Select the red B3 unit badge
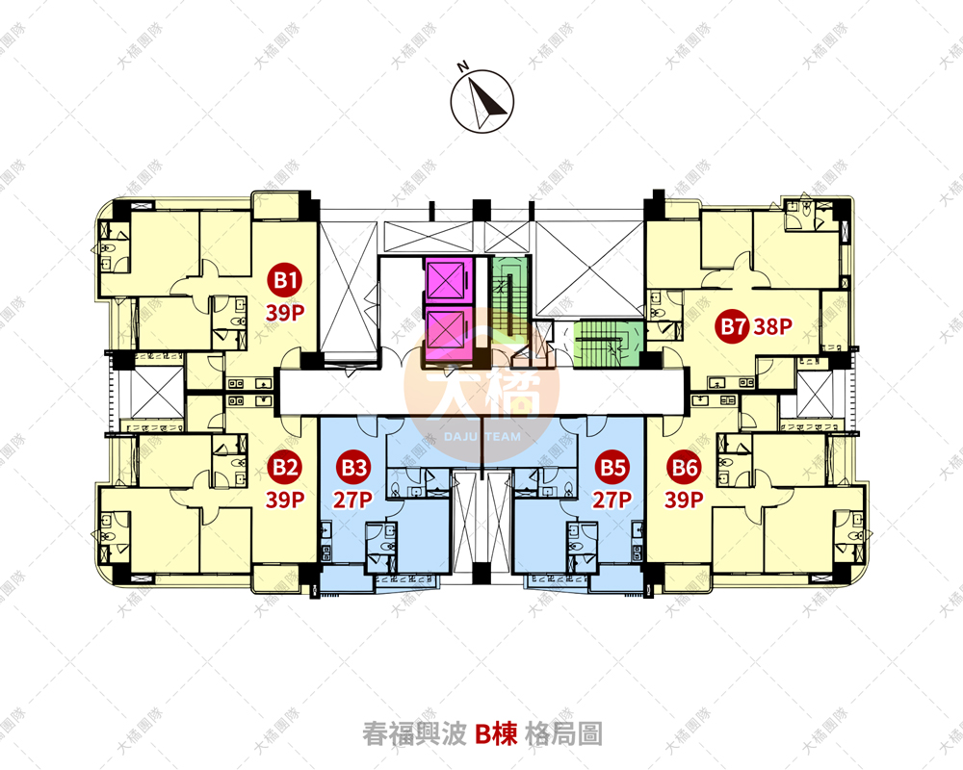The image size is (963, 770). point(353,469)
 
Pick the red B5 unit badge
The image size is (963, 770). point(612,469)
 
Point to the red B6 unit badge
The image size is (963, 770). point(685,469)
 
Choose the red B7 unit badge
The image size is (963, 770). point(733,326)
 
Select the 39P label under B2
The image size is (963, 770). point(285,500)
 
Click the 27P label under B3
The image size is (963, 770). point(353,500)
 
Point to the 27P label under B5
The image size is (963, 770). point(612,500)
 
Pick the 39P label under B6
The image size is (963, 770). point(685,500)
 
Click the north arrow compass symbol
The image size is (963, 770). point(482,101)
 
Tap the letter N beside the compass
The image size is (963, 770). point(462,66)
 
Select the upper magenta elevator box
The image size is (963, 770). point(446,281)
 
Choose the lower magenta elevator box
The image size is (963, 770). point(446,335)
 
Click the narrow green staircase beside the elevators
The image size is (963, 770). point(507,290)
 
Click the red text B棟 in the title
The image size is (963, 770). point(498,734)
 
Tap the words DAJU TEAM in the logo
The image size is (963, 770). point(481,437)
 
